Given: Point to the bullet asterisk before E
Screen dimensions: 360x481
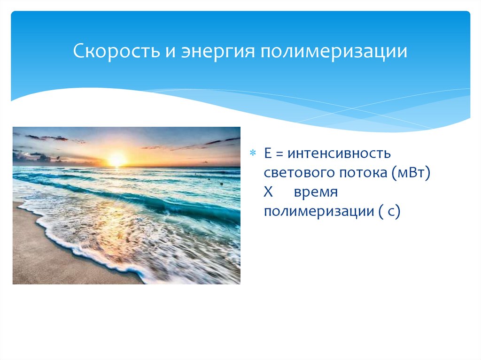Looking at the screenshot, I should (x=252, y=153).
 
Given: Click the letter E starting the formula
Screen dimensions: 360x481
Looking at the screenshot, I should (x=266, y=153).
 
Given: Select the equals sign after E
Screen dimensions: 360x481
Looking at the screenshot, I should (x=279, y=153).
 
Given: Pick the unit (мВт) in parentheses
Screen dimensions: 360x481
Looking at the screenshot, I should (x=410, y=173).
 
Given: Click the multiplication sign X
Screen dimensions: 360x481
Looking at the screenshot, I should (x=267, y=192).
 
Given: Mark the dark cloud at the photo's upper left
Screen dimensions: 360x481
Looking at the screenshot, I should (x=47, y=138).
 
